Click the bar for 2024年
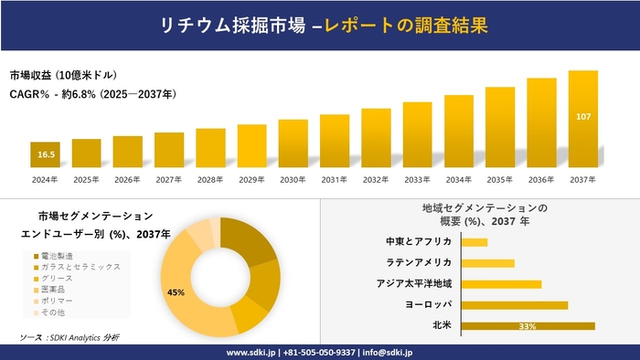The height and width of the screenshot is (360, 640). [x=45, y=155]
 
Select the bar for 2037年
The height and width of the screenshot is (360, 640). [x=582, y=119]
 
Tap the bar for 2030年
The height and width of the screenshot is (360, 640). [x=293, y=143]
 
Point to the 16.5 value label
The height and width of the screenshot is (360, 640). [x=46, y=156]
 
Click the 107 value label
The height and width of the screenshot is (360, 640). [x=583, y=117]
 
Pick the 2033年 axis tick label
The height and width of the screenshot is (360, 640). [x=417, y=179]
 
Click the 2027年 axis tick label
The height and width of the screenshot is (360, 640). [x=169, y=179]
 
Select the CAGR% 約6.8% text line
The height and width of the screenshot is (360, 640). [x=93, y=94]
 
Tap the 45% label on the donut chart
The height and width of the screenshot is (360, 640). [x=176, y=292]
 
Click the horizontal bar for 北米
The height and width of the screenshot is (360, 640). [x=528, y=325]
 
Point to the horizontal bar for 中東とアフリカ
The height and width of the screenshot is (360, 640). [x=475, y=241]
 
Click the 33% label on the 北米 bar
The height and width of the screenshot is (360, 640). [x=527, y=326]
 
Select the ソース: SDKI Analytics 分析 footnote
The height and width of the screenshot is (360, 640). [x=69, y=337]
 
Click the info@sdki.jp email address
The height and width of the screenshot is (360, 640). [x=389, y=352]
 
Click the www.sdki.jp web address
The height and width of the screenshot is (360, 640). [x=252, y=352]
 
